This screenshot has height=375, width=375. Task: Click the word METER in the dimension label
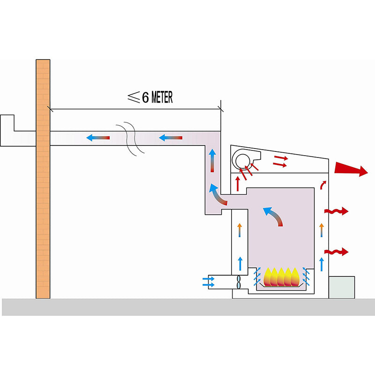[x=162, y=97]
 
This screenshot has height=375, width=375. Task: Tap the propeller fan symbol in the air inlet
[x=239, y=282]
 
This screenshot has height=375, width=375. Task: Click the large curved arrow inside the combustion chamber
[x=274, y=216]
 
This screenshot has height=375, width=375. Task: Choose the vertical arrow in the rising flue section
[x=212, y=160]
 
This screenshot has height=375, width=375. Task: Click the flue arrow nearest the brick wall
[x=98, y=138]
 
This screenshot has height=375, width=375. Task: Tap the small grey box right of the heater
[x=342, y=287]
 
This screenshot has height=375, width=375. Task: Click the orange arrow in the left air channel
[x=240, y=230]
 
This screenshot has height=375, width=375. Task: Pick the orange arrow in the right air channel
[x=322, y=230]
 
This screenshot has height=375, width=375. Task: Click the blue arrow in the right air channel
[x=322, y=263]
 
